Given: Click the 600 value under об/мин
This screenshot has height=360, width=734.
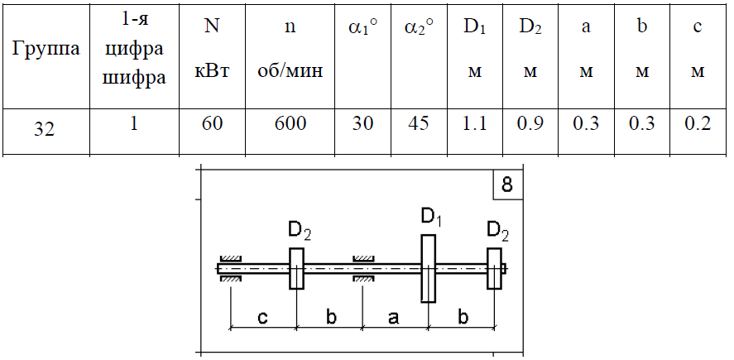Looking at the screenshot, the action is [290, 123].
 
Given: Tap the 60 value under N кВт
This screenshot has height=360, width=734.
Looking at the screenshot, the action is [212, 123].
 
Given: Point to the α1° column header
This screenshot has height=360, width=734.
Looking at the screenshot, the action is [362, 28].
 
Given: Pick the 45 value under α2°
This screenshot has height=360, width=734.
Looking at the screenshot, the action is [419, 123].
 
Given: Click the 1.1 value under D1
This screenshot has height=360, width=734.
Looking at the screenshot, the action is [475, 123].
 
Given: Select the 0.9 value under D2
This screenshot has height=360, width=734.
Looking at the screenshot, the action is [530, 123].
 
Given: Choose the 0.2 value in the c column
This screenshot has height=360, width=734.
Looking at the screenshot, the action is [698, 123].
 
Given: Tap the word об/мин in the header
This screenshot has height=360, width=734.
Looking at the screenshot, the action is [290, 71].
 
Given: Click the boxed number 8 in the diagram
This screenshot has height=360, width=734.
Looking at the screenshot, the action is [507, 185].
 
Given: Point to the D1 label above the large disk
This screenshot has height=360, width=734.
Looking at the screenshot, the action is [430, 218].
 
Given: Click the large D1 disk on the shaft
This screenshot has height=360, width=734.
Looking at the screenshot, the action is [428, 268].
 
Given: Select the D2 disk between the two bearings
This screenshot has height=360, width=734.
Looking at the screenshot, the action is [296, 268].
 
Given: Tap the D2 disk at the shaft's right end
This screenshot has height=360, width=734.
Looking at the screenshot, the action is [494, 268].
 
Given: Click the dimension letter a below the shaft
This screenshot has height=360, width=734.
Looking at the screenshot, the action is [393, 318].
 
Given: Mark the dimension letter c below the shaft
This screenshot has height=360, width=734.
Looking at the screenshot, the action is [262, 318].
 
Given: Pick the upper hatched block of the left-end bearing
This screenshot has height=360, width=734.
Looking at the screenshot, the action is [231, 259].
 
